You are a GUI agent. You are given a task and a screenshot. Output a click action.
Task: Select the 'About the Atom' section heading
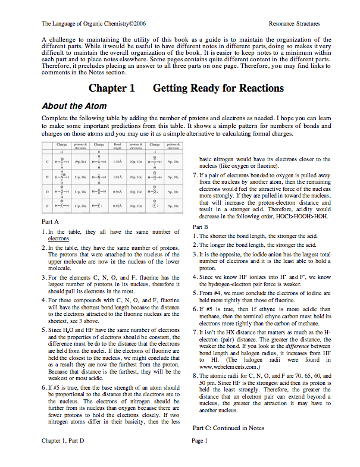point(74,106)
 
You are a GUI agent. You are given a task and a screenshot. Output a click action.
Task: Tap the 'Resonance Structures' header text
point(295,24)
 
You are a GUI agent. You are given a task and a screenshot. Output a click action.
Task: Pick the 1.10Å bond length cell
point(118,161)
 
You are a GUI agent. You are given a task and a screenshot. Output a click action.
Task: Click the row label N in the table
point(47,177)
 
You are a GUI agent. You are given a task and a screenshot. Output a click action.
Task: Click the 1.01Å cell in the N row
point(118,177)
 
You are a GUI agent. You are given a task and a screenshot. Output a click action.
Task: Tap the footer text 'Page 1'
point(199,457)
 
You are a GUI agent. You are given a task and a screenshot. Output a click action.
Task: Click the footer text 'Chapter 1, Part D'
point(63,457)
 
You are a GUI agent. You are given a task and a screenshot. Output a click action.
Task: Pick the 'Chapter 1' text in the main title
point(112,89)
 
